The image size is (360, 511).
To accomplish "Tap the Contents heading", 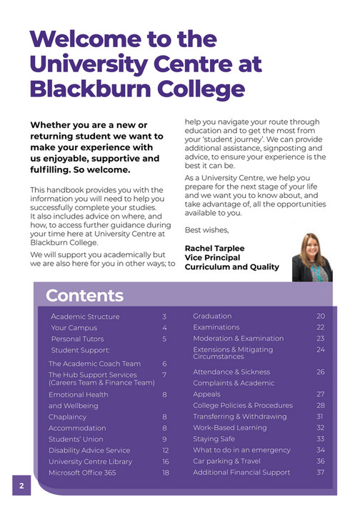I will click(x=84, y=295).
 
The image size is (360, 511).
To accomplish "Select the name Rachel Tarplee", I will click(x=214, y=248).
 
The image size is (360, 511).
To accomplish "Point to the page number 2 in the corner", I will click(x=21, y=486).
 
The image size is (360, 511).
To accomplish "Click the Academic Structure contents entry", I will click(x=85, y=317).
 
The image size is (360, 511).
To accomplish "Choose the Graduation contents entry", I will click(x=212, y=316).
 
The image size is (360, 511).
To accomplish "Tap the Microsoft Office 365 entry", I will click(x=83, y=472).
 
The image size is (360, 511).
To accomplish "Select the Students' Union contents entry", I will click(x=77, y=439).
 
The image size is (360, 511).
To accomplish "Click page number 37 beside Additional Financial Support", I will click(x=321, y=472).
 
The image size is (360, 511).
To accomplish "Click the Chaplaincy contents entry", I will click(x=69, y=417).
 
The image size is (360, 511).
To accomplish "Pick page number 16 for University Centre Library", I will click(x=165, y=461).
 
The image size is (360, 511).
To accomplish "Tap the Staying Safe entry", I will click(x=214, y=439).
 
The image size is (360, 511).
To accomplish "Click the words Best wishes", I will click(x=207, y=230).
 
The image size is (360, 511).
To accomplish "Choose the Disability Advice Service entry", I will click(x=89, y=450).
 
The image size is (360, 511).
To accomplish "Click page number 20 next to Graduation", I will click(x=321, y=316).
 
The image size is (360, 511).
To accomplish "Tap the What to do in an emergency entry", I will click(x=241, y=450).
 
